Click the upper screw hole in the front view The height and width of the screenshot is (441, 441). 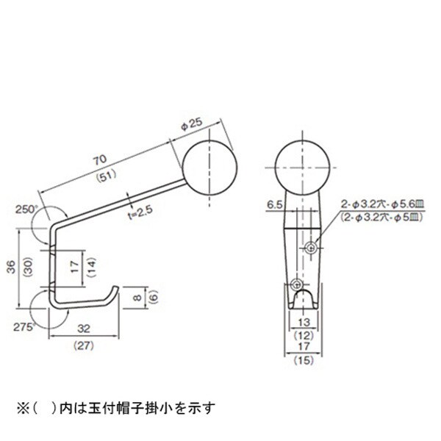pyautogui.click(x=312, y=246)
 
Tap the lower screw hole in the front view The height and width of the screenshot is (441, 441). pyautogui.click(x=297, y=284)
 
